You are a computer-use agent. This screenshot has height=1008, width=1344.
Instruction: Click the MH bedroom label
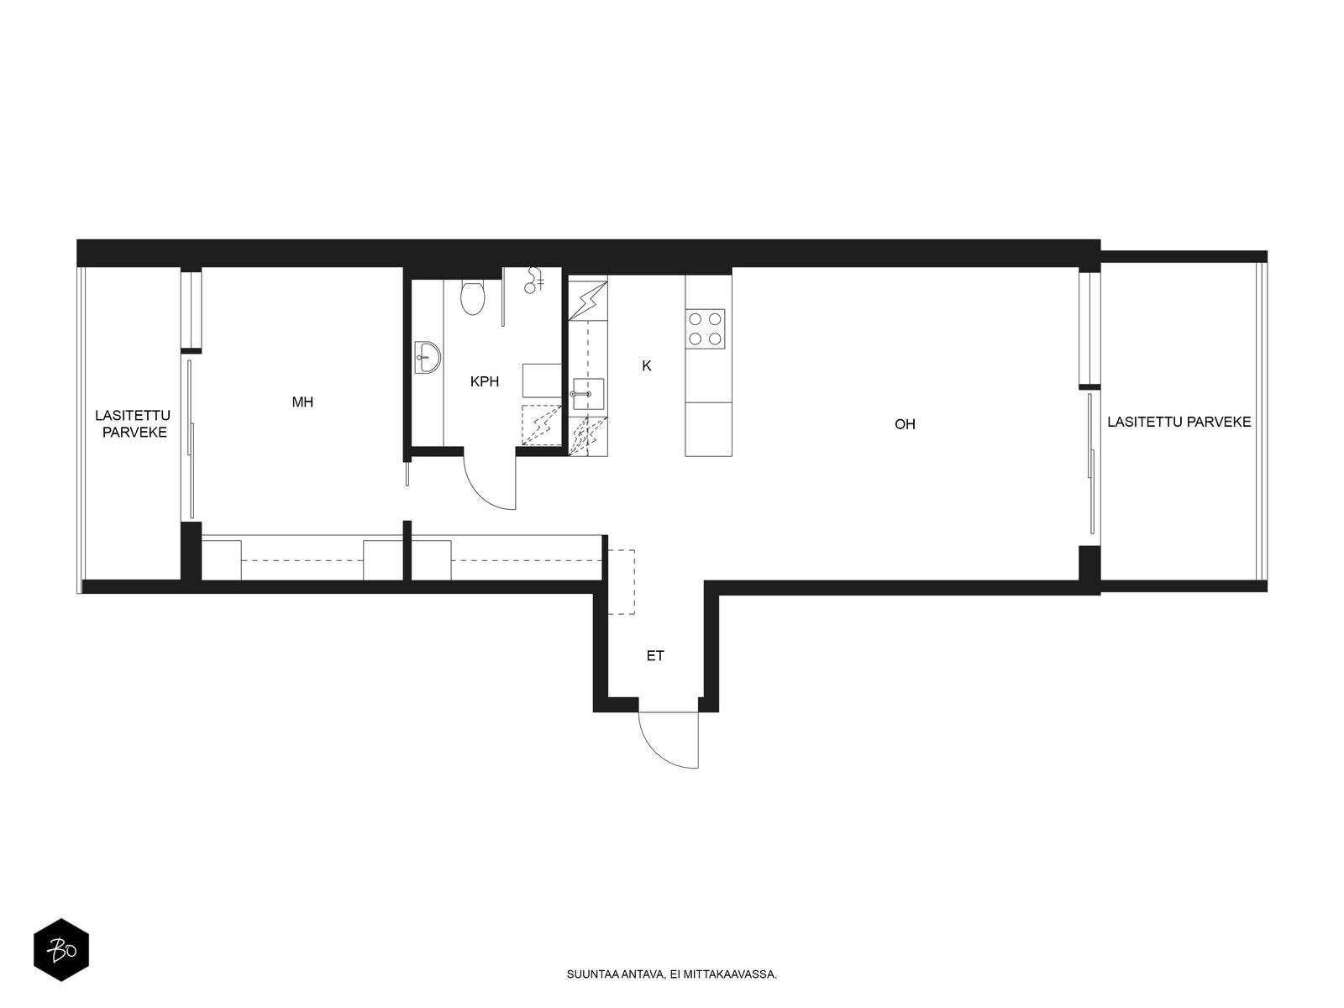(x=302, y=402)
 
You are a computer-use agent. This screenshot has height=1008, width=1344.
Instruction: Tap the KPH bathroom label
(x=485, y=381)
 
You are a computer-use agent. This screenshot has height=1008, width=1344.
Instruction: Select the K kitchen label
(x=647, y=366)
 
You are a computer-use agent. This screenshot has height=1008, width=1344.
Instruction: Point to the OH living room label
(x=905, y=424)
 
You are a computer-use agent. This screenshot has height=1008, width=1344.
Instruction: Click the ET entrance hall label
(x=655, y=656)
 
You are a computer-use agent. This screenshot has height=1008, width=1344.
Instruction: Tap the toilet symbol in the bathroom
(x=472, y=297)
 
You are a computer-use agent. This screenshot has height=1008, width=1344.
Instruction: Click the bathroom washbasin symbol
(x=428, y=357)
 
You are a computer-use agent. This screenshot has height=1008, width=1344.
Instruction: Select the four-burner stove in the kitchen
(x=705, y=328)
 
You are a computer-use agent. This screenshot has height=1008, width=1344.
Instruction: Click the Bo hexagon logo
(x=61, y=950)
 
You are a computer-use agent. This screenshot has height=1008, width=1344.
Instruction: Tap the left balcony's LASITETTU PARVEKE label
(x=133, y=423)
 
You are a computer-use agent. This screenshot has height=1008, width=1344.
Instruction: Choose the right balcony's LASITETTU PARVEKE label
(x=1179, y=422)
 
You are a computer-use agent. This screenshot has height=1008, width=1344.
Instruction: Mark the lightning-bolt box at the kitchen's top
(x=588, y=301)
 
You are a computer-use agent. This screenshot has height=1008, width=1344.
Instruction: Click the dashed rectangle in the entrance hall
(x=620, y=582)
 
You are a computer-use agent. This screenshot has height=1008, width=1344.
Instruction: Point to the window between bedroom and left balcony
(x=191, y=310)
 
